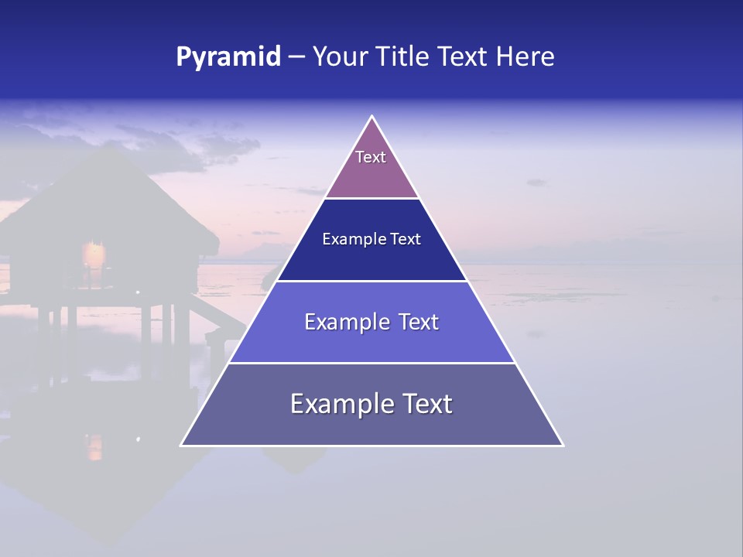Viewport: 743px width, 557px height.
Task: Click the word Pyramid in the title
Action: (x=228, y=57)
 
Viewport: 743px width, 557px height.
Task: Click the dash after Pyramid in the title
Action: (x=296, y=57)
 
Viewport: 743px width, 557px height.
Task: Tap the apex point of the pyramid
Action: (x=372, y=117)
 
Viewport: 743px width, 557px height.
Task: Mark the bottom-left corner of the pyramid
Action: (x=181, y=445)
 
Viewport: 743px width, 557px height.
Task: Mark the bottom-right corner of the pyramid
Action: (x=563, y=445)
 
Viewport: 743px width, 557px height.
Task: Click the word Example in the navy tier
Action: (x=349, y=240)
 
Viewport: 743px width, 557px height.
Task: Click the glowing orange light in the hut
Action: (x=94, y=254)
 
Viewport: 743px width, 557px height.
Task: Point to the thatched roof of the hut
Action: (x=108, y=201)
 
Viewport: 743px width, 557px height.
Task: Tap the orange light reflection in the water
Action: (x=94, y=446)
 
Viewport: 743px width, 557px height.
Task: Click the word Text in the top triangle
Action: (x=371, y=157)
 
